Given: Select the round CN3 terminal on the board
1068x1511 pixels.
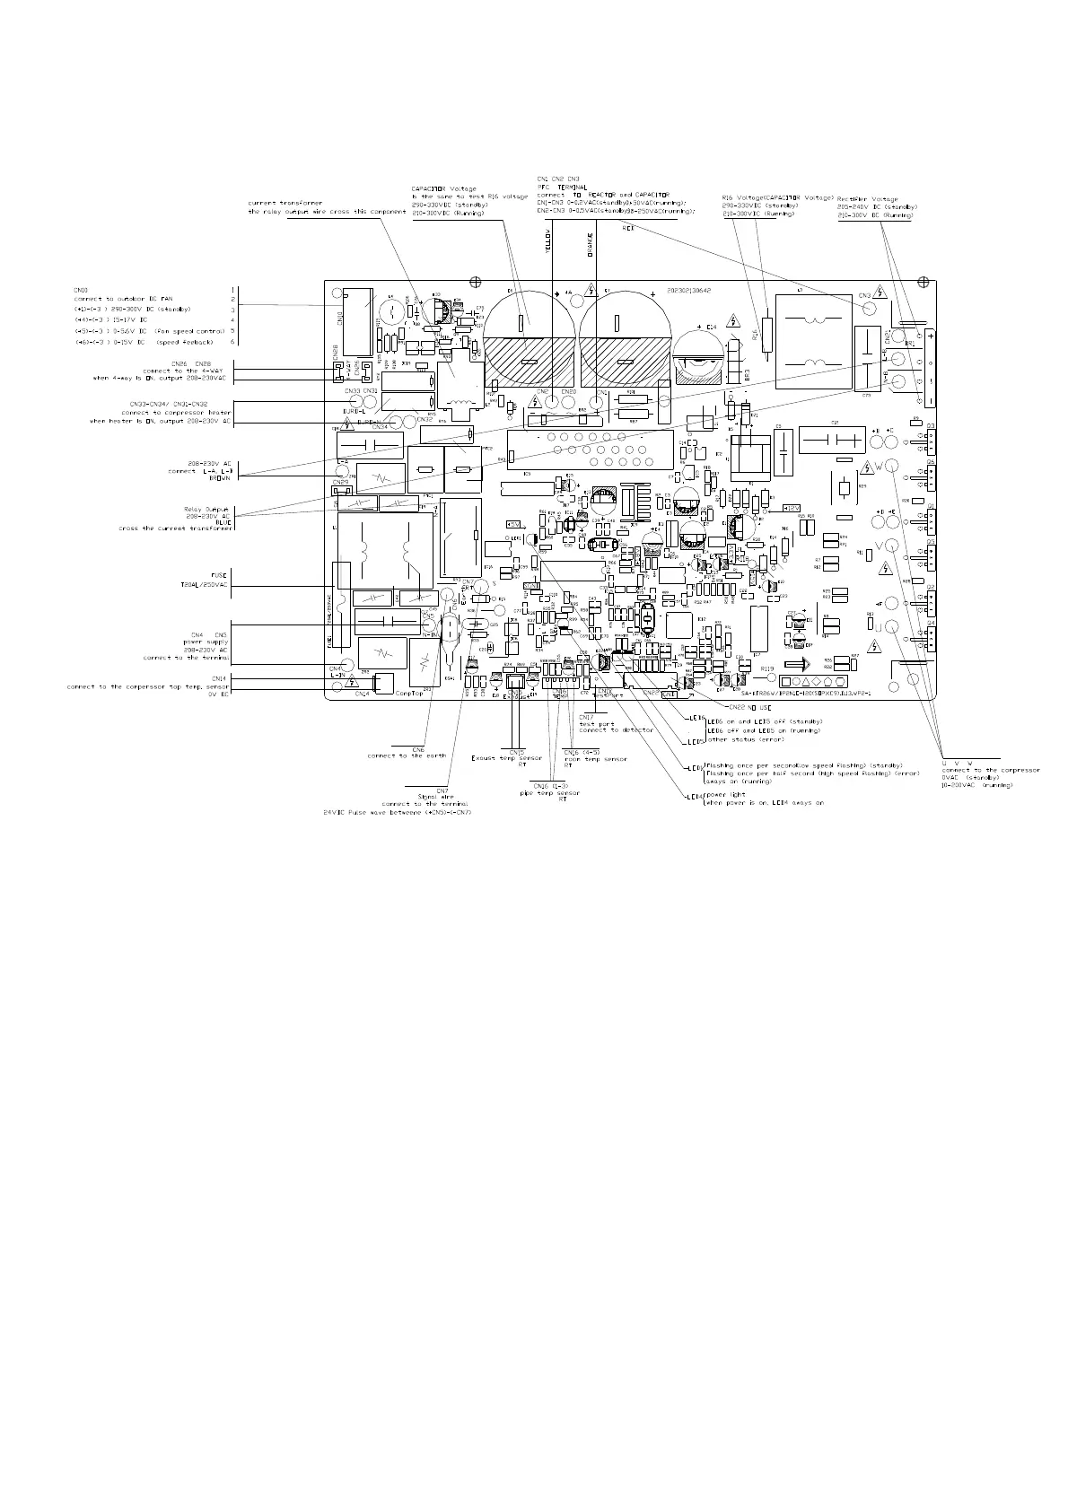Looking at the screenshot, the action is click(870, 308).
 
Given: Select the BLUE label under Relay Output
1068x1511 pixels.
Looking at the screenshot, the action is click(223, 521).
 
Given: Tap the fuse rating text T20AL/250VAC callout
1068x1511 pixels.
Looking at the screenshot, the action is click(205, 584).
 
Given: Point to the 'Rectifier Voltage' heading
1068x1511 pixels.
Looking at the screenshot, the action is click(867, 199).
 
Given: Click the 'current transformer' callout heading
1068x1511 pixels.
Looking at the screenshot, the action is click(285, 203).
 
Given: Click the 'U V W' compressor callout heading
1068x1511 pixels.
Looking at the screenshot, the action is click(958, 763).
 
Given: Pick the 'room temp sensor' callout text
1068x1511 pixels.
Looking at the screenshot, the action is click(595, 759).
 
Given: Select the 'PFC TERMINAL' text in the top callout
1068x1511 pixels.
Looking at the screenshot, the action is click(561, 187).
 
